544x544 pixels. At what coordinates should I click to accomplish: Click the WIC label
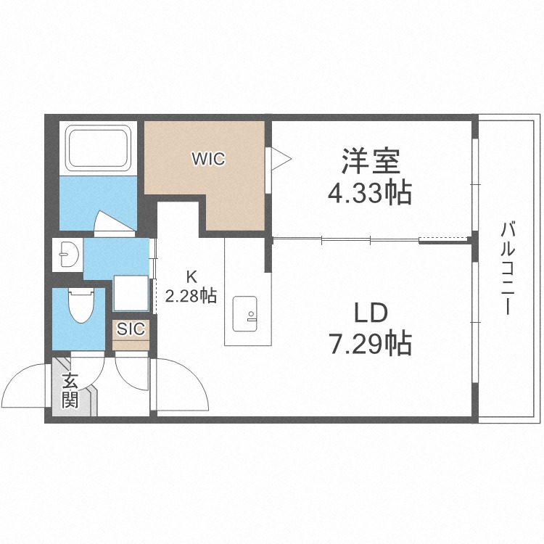click(x=208, y=159)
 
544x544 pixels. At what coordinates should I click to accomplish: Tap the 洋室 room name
click(x=371, y=161)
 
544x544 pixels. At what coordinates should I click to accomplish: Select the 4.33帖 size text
click(x=370, y=192)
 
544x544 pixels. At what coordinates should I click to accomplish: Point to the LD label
click(x=371, y=313)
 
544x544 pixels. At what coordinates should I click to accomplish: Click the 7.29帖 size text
click(x=371, y=343)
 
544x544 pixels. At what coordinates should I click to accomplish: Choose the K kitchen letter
click(x=191, y=276)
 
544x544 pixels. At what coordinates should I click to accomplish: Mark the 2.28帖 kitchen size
click(x=191, y=296)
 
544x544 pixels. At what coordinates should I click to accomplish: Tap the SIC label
click(x=131, y=329)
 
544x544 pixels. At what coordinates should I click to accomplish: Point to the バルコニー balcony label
click(x=507, y=269)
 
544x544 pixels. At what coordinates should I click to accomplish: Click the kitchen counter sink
click(x=245, y=313)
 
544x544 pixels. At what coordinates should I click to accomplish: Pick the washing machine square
click(x=131, y=293)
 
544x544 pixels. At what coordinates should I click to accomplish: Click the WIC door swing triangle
click(x=281, y=159)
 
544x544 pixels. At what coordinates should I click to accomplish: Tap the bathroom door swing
click(x=113, y=221)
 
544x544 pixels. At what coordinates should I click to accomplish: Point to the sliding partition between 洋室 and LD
click(x=371, y=239)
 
